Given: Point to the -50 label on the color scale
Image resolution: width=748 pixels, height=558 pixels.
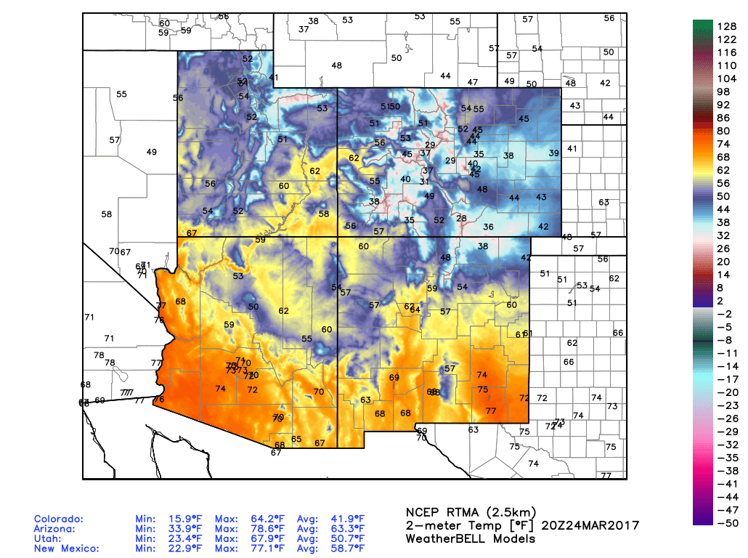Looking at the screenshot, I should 727,522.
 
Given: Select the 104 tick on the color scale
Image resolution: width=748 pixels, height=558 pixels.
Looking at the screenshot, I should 727,78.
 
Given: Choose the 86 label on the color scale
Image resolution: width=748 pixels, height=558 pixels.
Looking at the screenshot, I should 727,118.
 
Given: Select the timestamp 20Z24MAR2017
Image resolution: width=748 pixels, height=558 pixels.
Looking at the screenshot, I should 595,525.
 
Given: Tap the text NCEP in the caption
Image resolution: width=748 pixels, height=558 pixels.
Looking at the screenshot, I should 422,511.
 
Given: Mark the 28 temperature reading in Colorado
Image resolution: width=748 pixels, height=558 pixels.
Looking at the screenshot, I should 461,218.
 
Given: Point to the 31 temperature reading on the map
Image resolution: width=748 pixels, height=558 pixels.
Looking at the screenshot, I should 424,182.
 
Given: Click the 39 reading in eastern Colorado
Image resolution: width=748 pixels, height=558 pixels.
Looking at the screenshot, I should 554,153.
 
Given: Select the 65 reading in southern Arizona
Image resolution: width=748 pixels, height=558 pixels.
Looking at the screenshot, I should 296,439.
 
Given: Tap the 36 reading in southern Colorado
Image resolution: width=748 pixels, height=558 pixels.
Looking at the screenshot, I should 489,227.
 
